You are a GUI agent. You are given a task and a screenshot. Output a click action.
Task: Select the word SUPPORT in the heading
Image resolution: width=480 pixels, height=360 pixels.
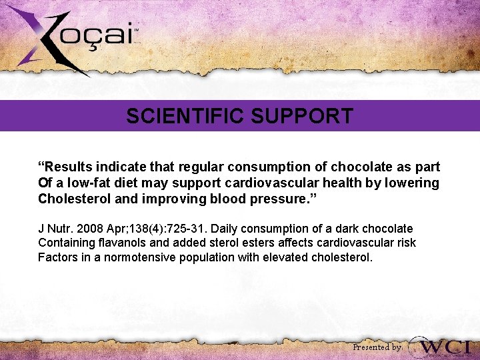click(302, 117)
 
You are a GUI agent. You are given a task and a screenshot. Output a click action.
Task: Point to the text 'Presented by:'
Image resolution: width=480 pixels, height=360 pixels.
click(377, 347)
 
